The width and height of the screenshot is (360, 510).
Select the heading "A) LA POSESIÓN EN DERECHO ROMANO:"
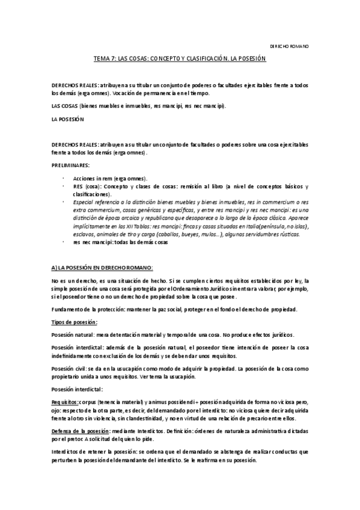pos(103,266)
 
